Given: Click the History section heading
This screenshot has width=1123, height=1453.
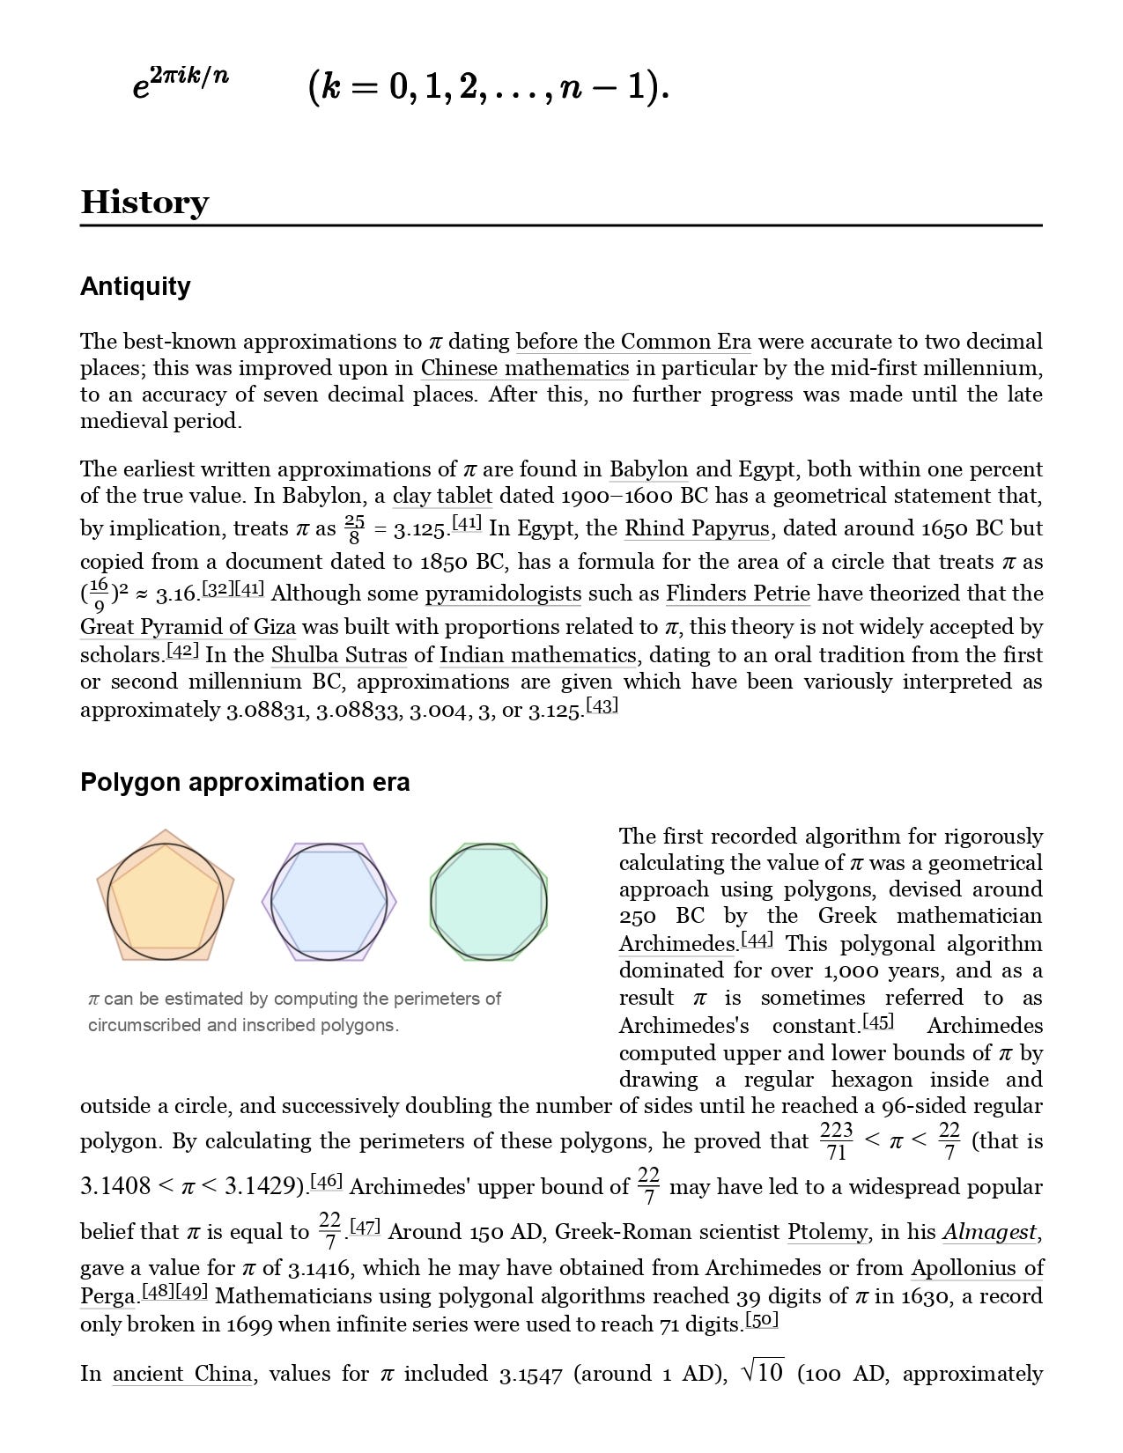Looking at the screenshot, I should pyautogui.click(x=144, y=203).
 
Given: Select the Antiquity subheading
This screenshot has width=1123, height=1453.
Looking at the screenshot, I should pyautogui.click(x=135, y=286).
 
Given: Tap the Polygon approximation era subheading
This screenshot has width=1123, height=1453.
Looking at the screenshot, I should pyautogui.click(x=245, y=782).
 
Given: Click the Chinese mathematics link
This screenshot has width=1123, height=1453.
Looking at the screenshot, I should pyautogui.click(x=525, y=368).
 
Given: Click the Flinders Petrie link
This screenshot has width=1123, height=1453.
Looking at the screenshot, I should pyautogui.click(x=737, y=594).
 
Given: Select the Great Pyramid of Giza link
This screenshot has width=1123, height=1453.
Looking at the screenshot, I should pyautogui.click(x=188, y=627).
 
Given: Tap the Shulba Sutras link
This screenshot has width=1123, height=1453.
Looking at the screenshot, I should pyautogui.click(x=339, y=655).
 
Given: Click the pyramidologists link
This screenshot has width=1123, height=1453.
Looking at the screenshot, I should pyautogui.click(x=503, y=594).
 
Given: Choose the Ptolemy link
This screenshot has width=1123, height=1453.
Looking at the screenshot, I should pyautogui.click(x=827, y=1231).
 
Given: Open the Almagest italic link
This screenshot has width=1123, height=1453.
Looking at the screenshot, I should pyautogui.click(x=989, y=1231).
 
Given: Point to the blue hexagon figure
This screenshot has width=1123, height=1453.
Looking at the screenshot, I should pyautogui.click(x=329, y=901).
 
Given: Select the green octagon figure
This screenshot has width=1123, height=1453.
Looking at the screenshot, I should pyautogui.click(x=489, y=901).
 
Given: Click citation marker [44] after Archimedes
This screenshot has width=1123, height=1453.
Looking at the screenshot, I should pyautogui.click(x=757, y=940).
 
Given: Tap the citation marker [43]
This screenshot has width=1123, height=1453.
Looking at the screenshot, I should pyautogui.click(x=602, y=706).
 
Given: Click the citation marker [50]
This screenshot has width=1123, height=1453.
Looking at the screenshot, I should pyautogui.click(x=762, y=1321).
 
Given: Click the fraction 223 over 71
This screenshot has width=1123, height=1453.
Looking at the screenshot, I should pyautogui.click(x=836, y=1141).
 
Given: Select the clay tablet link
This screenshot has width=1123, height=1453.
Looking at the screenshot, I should pyautogui.click(x=442, y=496).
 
